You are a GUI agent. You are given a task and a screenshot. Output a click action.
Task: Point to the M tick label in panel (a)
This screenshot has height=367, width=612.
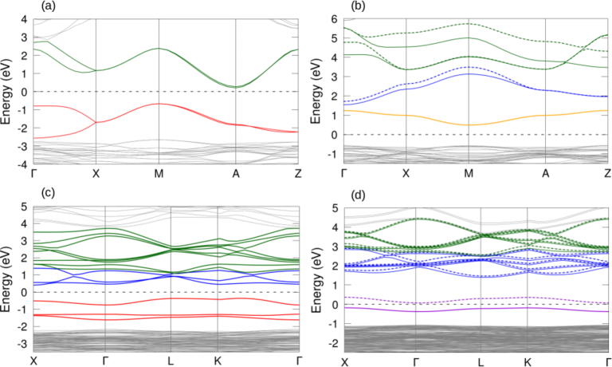(x=159, y=173)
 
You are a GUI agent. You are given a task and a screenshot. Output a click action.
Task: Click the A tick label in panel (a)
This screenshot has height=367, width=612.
(x=236, y=173)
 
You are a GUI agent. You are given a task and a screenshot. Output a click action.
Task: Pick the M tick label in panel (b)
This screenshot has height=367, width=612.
(x=469, y=173)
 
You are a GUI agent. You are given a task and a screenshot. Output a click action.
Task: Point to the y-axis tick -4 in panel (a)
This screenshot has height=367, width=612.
(x=25, y=164)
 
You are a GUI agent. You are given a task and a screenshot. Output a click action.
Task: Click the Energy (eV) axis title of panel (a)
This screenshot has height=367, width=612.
(x=7, y=91)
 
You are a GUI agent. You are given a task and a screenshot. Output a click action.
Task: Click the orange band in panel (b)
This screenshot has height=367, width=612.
(x=469, y=124)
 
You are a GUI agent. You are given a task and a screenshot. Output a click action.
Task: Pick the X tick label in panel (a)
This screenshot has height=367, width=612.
(x=96, y=173)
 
